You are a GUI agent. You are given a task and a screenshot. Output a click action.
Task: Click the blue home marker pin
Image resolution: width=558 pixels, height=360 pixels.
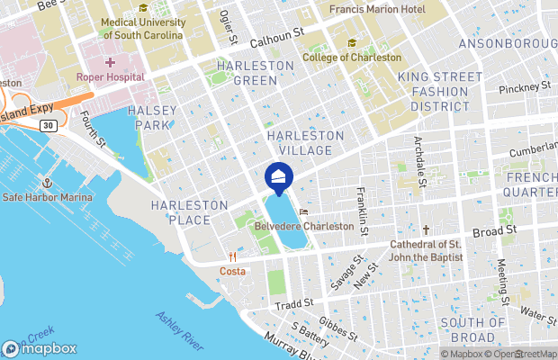point(279,176)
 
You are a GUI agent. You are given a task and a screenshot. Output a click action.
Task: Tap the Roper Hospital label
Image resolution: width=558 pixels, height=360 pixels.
point(110,77)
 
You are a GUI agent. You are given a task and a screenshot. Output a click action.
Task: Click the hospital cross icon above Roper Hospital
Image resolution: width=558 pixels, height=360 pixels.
point(111,62)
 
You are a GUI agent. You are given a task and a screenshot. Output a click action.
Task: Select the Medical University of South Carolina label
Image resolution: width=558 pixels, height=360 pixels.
point(142,28)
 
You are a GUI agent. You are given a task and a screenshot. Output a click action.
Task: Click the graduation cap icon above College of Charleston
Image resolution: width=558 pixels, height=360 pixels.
point(352,42)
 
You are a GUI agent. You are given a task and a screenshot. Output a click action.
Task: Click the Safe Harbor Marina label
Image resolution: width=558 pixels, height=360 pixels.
point(48,197)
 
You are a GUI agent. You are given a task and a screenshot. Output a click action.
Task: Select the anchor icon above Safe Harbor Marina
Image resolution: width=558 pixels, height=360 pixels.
point(48,183)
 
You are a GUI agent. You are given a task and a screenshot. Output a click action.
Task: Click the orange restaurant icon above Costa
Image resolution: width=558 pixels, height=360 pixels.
point(232,256)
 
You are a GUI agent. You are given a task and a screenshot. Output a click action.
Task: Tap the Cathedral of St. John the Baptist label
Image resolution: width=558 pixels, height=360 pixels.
point(427,251)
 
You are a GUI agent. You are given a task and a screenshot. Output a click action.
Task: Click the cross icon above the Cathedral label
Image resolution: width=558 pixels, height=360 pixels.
point(427,230)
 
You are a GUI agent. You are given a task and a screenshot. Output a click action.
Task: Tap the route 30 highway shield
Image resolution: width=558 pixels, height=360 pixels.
point(47,124)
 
